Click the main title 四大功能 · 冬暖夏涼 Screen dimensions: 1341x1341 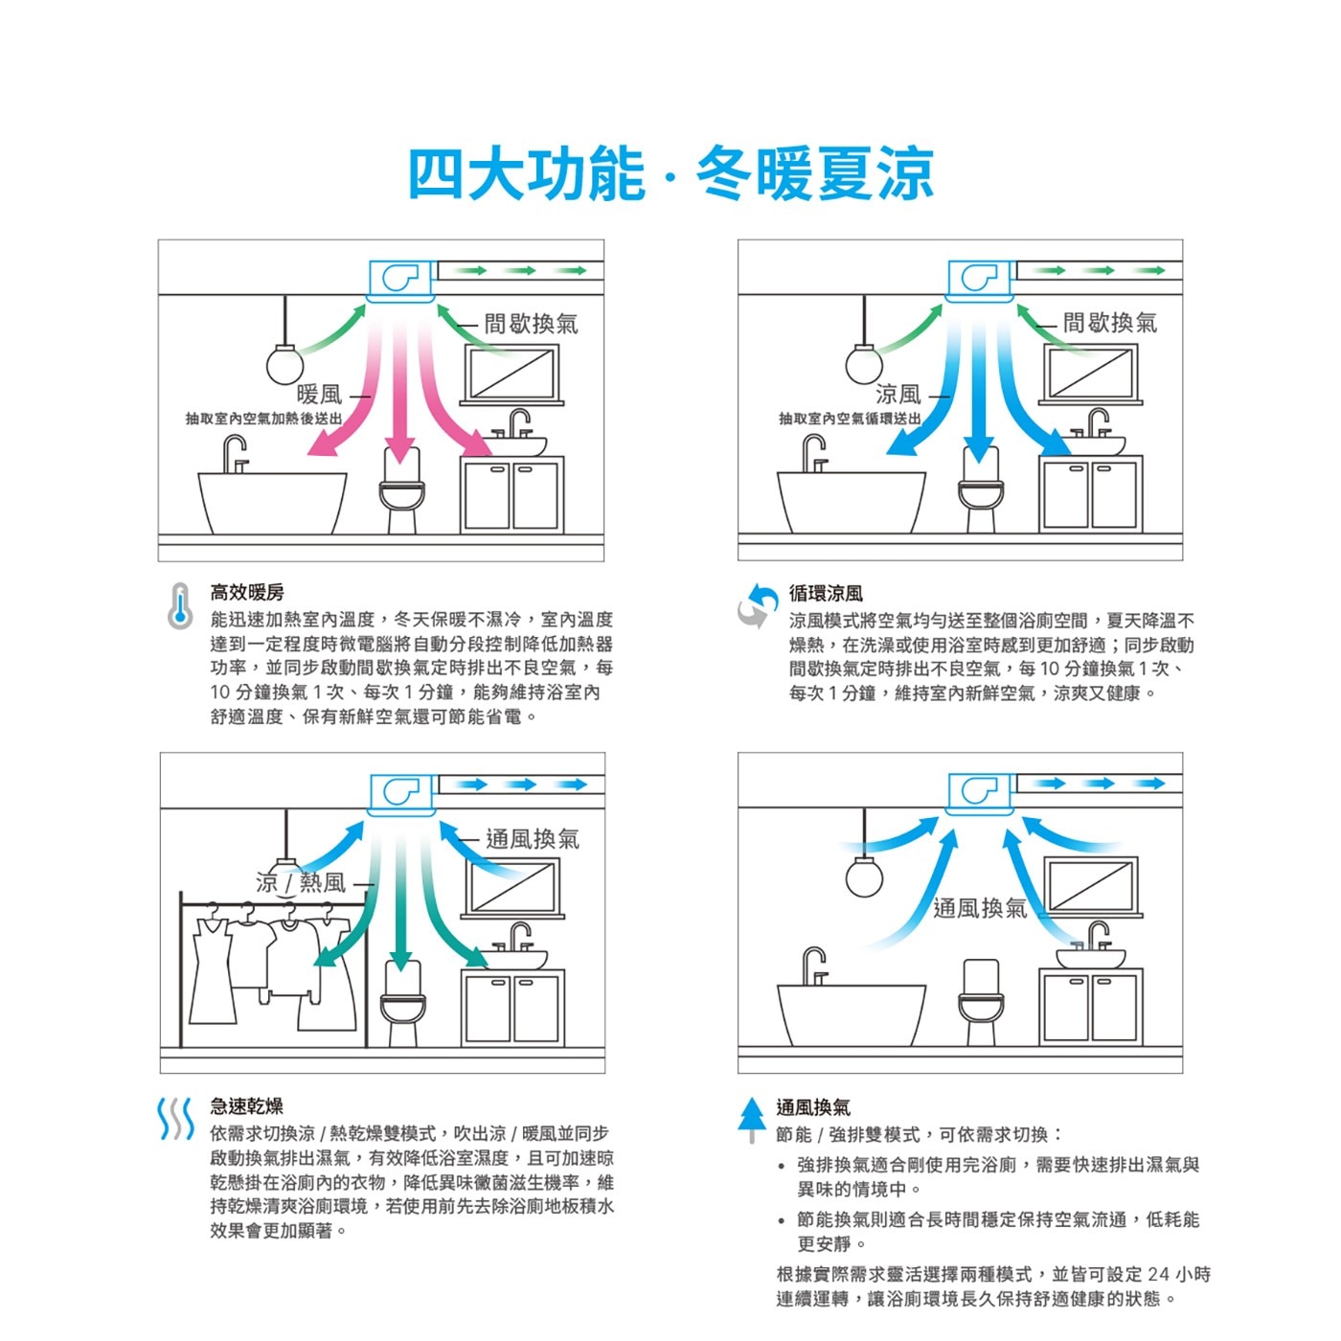[x=670, y=173]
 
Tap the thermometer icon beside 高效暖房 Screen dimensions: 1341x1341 [x=181, y=605]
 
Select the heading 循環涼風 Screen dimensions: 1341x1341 [x=826, y=594]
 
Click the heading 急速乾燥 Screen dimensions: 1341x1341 [x=246, y=1105]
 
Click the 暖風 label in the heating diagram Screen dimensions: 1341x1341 [x=319, y=395]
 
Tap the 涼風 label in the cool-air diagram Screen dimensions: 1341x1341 [x=898, y=395]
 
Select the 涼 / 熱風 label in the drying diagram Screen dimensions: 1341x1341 [x=301, y=882]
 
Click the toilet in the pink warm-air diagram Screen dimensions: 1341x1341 [x=401, y=489]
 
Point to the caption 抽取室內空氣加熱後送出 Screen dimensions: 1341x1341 [x=263, y=419]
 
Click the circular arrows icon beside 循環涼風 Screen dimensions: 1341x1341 [x=758, y=605]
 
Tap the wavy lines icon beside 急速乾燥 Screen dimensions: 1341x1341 [x=177, y=1119]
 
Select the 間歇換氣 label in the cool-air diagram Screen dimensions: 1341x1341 [x=1110, y=323]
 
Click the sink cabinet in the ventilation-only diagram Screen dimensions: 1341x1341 [x=1090, y=1007]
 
